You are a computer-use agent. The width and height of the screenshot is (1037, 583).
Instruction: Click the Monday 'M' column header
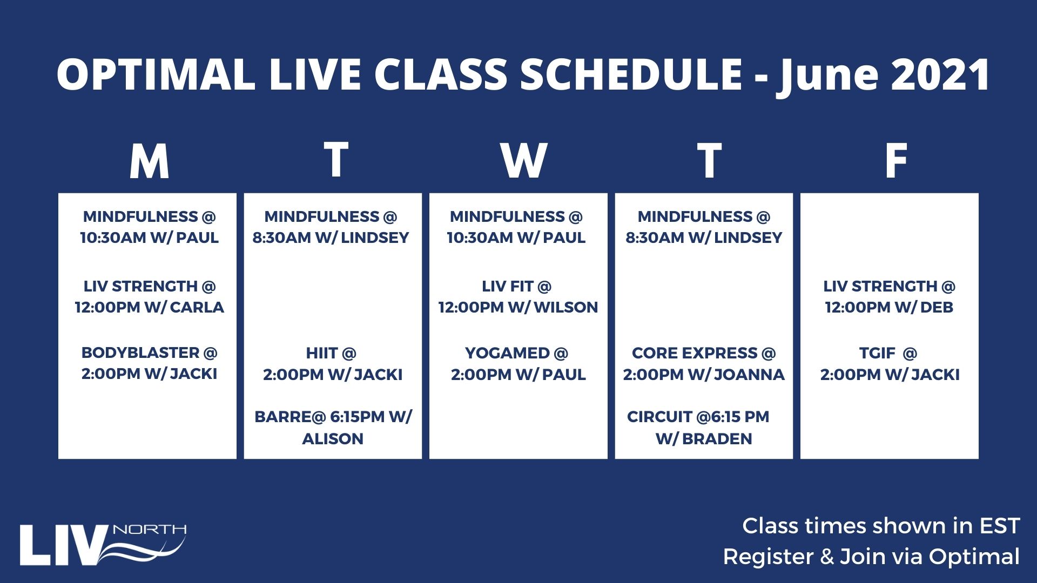click(x=150, y=161)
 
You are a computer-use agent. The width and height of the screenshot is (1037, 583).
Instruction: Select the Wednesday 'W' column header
click(x=523, y=161)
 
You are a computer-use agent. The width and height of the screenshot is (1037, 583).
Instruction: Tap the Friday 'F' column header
click(x=896, y=161)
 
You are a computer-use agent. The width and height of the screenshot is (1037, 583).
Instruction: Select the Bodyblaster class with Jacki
click(x=150, y=363)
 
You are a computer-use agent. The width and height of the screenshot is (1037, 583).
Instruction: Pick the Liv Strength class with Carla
click(x=150, y=296)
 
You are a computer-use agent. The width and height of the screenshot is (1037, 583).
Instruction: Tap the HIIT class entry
click(x=333, y=363)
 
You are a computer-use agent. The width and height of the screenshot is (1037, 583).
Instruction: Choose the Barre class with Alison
click(x=333, y=428)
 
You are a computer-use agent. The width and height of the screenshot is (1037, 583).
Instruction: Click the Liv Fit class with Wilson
click(x=518, y=296)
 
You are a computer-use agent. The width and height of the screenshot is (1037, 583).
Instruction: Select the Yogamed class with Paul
click(x=518, y=363)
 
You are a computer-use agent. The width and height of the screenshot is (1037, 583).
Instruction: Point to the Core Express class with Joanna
click(x=704, y=363)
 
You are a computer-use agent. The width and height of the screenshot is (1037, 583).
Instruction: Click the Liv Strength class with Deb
click(x=890, y=296)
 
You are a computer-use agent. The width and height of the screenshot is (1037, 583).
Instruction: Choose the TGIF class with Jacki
click(x=890, y=363)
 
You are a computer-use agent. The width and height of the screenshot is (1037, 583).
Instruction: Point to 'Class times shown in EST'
click(x=881, y=526)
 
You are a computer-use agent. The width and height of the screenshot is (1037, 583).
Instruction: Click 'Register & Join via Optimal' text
click(x=871, y=557)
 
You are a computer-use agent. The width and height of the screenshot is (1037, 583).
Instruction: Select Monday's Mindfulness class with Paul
click(x=150, y=227)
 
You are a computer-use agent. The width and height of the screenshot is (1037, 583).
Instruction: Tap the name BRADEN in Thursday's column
click(x=717, y=438)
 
